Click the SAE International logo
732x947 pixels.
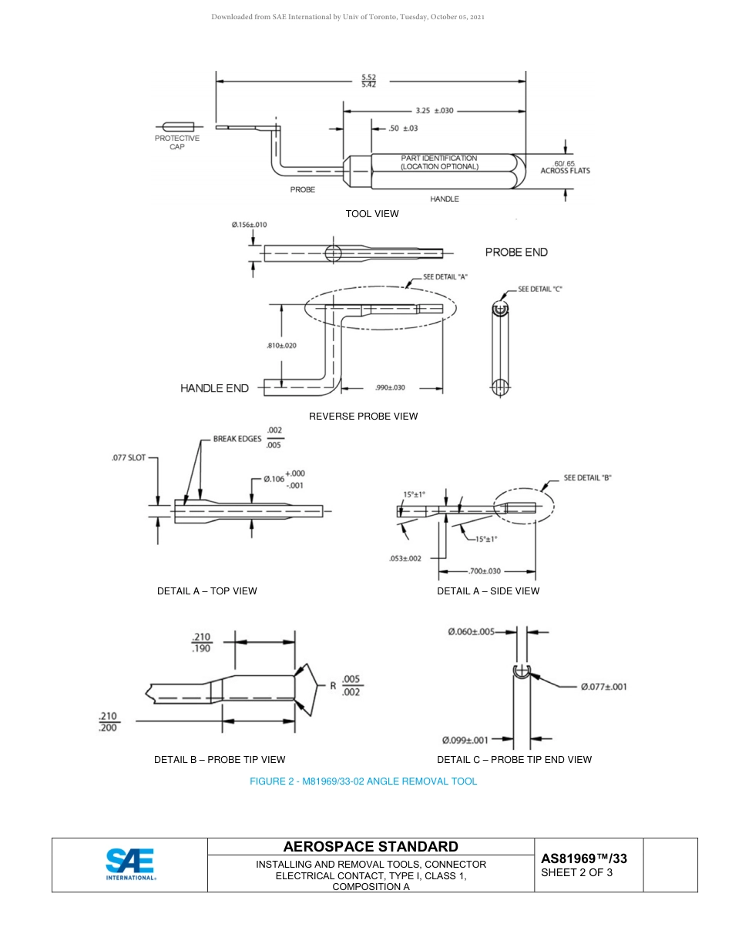[x=130, y=864]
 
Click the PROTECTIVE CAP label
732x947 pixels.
[x=176, y=142]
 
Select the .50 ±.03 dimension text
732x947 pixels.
[x=402, y=128]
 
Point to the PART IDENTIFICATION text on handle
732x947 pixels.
[x=438, y=162]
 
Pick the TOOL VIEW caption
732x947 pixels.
[x=372, y=214]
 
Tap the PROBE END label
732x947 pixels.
[x=516, y=252]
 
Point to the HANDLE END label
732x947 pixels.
[x=214, y=388]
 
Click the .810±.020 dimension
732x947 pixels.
[x=282, y=346]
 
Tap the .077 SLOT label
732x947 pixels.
[x=129, y=457]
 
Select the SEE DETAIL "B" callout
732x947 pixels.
[x=587, y=477]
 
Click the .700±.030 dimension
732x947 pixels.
[x=485, y=571]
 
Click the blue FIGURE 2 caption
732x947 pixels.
[x=363, y=781]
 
